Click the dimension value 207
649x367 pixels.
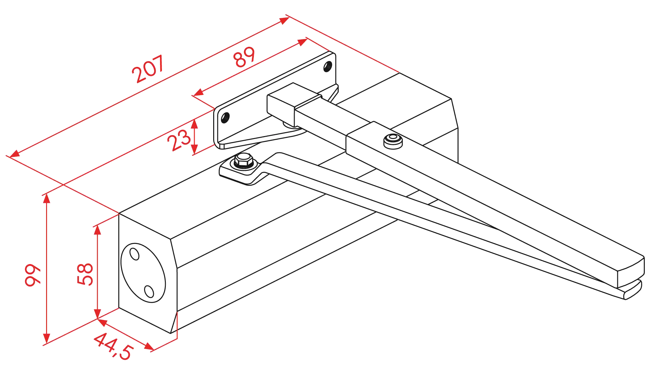[148, 69]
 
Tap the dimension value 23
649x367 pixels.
[179, 140]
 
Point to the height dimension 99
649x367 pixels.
[33, 275]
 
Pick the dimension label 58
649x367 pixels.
[85, 274]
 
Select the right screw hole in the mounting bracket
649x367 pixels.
[328, 66]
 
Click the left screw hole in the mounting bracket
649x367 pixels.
[225, 117]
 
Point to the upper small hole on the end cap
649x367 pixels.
[134, 254]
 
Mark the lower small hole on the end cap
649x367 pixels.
[149, 291]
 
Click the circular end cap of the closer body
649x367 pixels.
[143, 273]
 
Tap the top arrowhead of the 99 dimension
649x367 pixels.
[47, 198]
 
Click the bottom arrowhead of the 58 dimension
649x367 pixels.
[97, 314]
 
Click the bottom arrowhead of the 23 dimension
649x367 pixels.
[194, 149]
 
